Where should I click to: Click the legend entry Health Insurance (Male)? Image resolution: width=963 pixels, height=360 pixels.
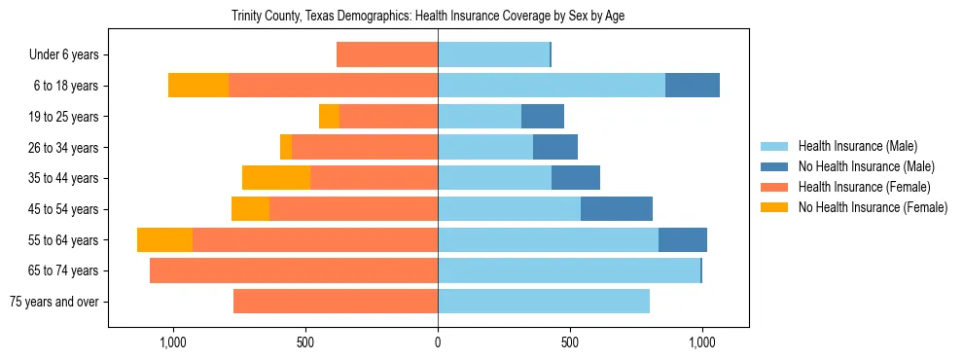(x=857, y=146)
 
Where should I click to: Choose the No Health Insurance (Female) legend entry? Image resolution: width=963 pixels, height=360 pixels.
(x=873, y=207)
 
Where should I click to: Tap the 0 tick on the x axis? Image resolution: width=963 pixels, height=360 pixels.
(x=438, y=342)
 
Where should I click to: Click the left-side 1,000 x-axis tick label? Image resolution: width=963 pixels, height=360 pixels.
(x=172, y=342)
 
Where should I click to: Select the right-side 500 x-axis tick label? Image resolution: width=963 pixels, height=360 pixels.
(x=570, y=342)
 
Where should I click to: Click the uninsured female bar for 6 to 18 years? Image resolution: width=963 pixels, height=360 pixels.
(x=198, y=86)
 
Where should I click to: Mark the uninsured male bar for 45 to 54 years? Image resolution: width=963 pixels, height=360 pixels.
(x=617, y=209)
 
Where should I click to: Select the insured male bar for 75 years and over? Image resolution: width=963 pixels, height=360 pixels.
(x=544, y=302)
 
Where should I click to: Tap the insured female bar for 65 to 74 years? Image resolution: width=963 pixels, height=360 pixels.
(x=294, y=270)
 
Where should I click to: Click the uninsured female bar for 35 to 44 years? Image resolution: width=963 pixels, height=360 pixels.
(x=276, y=178)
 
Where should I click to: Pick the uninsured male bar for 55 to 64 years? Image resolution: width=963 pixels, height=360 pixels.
(x=683, y=240)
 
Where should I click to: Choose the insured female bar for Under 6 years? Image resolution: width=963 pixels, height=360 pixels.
(x=387, y=55)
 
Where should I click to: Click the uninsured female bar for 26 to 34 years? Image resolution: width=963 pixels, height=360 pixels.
(x=286, y=147)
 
